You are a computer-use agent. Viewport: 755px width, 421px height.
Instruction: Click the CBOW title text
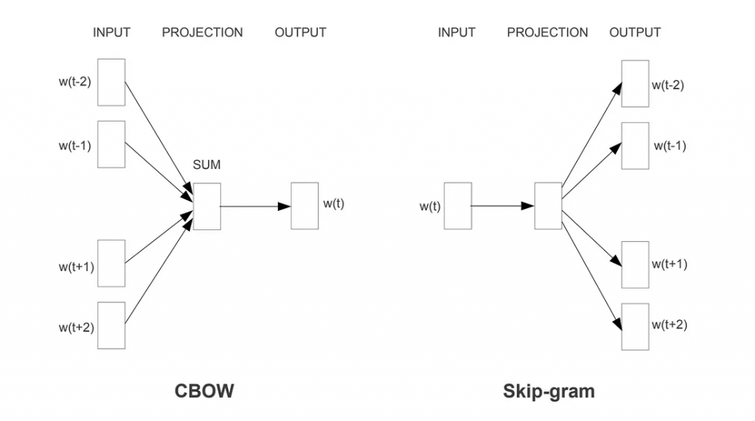(203, 390)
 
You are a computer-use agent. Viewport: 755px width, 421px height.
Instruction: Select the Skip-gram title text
(549, 390)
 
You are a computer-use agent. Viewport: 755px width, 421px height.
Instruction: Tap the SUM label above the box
(206, 165)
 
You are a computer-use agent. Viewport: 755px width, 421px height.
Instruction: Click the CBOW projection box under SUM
(207, 206)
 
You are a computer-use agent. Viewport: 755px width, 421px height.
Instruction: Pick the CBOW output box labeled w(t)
(305, 206)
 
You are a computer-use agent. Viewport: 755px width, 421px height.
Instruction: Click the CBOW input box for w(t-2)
(111, 82)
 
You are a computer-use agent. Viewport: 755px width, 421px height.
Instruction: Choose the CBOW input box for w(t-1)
(111, 144)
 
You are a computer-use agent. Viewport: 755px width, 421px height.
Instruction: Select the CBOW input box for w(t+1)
(111, 263)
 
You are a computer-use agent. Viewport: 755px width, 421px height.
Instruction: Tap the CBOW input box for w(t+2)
(111, 325)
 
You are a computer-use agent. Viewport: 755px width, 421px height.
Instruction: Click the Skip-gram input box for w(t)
(457, 206)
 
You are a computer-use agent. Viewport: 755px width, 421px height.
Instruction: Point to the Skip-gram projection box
(548, 206)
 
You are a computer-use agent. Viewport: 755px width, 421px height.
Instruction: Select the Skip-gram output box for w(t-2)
(635, 83)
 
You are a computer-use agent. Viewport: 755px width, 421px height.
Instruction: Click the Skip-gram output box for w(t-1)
(635, 145)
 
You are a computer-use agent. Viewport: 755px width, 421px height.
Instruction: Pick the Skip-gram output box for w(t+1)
(635, 265)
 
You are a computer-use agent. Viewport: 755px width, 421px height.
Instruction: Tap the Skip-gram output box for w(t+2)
(635, 327)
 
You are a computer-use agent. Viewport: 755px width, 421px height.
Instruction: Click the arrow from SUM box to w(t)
(255, 206)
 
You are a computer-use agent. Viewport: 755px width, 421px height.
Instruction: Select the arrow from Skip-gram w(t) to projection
(502, 206)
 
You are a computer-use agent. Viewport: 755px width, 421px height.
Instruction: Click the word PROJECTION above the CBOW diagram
(202, 32)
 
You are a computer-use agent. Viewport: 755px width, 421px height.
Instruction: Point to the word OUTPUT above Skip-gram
(635, 32)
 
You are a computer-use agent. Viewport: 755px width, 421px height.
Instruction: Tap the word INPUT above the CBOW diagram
(111, 32)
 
